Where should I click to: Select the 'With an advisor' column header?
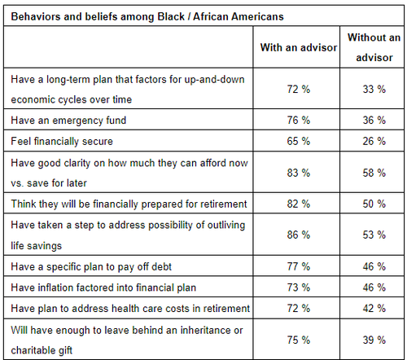pyautogui.click(x=297, y=48)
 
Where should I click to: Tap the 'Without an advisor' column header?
pyautogui.click(x=373, y=48)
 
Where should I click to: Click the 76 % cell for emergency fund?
pyautogui.click(x=297, y=120)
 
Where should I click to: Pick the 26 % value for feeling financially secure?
pyautogui.click(x=373, y=141)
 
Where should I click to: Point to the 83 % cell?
pyautogui.click(x=297, y=172)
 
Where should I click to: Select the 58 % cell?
pyautogui.click(x=373, y=172)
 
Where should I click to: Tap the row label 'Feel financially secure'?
pyautogui.click(x=62, y=141)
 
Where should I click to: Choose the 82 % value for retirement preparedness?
pyautogui.click(x=297, y=203)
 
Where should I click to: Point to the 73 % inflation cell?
pyautogui.click(x=297, y=287)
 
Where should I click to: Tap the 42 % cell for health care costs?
pyautogui.click(x=373, y=308)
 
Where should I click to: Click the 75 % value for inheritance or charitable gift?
pyautogui.click(x=297, y=339)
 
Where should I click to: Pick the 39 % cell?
pyautogui.click(x=373, y=339)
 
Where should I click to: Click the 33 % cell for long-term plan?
pyautogui.click(x=373, y=88)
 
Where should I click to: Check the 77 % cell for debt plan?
pyautogui.click(x=297, y=266)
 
